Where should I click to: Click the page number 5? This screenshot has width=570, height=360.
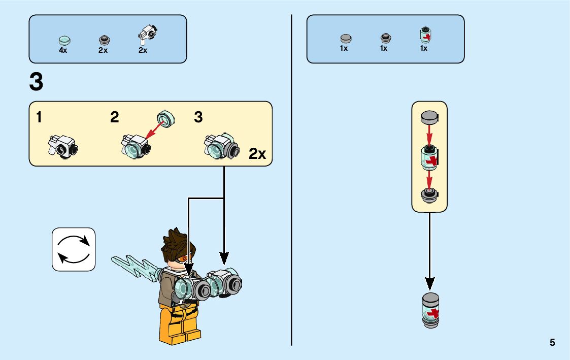(552, 343)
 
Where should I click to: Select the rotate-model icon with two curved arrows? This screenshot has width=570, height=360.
(74, 249)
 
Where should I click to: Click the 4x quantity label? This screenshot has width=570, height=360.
(63, 50)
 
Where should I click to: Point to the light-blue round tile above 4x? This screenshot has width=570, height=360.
(63, 40)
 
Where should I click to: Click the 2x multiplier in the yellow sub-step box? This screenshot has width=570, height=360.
(257, 154)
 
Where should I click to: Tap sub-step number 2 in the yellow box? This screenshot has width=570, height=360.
(115, 118)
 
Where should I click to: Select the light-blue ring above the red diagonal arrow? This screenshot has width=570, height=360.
(166, 117)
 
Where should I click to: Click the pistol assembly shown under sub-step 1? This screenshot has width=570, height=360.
(61, 146)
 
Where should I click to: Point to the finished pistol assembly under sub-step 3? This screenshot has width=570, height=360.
(221, 146)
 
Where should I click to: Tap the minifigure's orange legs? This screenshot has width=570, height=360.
(179, 324)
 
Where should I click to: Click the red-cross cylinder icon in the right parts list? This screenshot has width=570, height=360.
(424, 36)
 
